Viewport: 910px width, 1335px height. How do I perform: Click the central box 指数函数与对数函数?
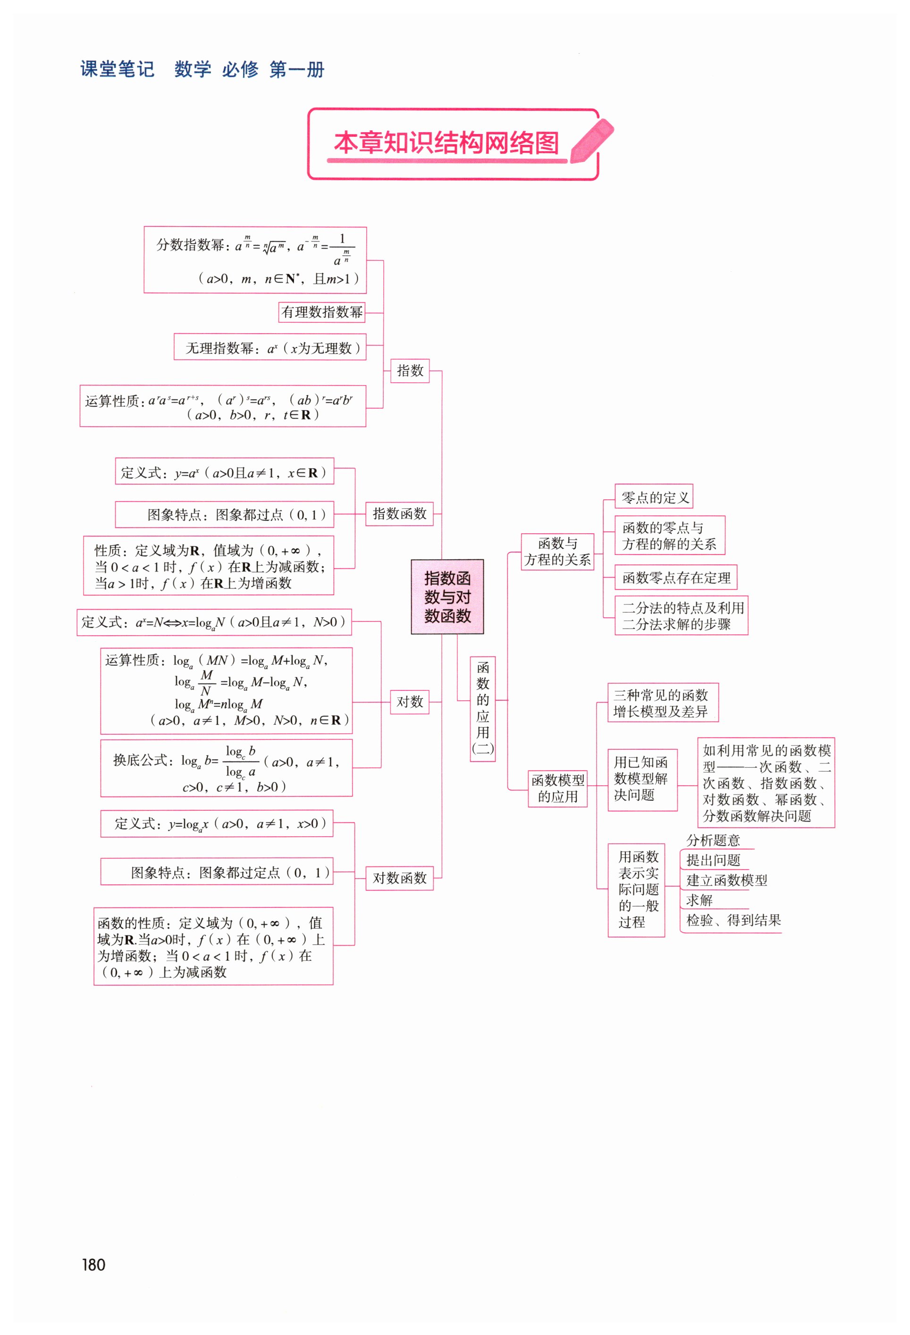point(447,596)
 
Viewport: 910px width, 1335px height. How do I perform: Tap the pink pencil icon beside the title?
point(592,141)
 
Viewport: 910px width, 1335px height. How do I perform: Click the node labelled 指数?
point(410,370)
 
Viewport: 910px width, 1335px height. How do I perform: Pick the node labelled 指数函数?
point(399,513)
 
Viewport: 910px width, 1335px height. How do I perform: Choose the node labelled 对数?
point(410,701)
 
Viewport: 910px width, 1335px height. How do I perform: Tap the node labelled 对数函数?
point(399,878)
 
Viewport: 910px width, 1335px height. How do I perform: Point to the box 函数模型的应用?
point(557,788)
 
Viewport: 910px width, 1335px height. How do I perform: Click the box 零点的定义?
point(654,497)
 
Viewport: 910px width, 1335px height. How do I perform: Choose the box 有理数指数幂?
point(322,312)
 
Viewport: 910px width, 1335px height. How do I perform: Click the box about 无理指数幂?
point(270,347)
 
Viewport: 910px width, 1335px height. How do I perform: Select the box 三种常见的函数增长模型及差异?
point(662,703)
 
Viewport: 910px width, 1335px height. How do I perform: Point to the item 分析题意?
point(713,840)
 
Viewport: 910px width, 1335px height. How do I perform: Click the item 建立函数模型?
point(726,880)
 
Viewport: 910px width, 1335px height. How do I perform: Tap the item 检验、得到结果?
point(733,920)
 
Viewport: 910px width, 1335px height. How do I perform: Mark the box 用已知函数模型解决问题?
point(642,779)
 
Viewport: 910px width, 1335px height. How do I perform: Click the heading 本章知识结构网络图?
point(446,143)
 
